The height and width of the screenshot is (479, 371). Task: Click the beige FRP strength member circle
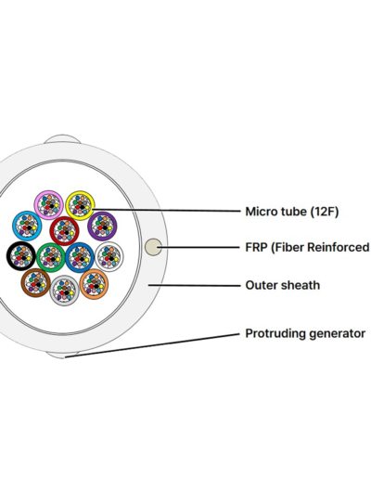153,247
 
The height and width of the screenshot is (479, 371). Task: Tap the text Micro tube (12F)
292,212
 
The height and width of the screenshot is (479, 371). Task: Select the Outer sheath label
283,285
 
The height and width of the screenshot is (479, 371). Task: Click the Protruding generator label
305,333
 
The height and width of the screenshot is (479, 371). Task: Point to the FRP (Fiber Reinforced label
307,248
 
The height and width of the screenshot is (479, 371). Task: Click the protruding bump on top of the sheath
63,138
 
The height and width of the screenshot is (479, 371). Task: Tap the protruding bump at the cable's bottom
62,356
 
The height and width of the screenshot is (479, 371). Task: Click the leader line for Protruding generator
152,345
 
